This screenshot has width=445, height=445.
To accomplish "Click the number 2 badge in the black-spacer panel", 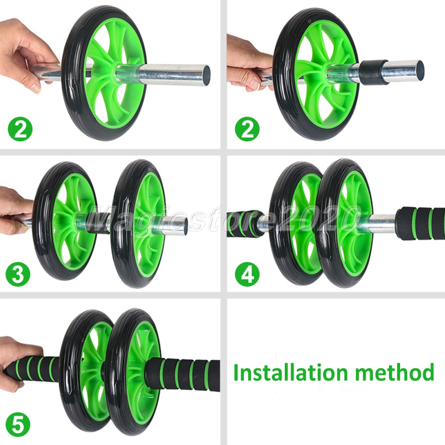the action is click(247, 129).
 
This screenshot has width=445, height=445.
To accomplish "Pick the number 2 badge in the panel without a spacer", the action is click(20, 129).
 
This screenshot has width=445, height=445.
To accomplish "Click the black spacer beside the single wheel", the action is click(373, 73).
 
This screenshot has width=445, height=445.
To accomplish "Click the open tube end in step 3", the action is click(184, 226).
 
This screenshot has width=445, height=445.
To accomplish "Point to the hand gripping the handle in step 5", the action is click(13, 360).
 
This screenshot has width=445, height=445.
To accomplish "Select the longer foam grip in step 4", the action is click(421, 222).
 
